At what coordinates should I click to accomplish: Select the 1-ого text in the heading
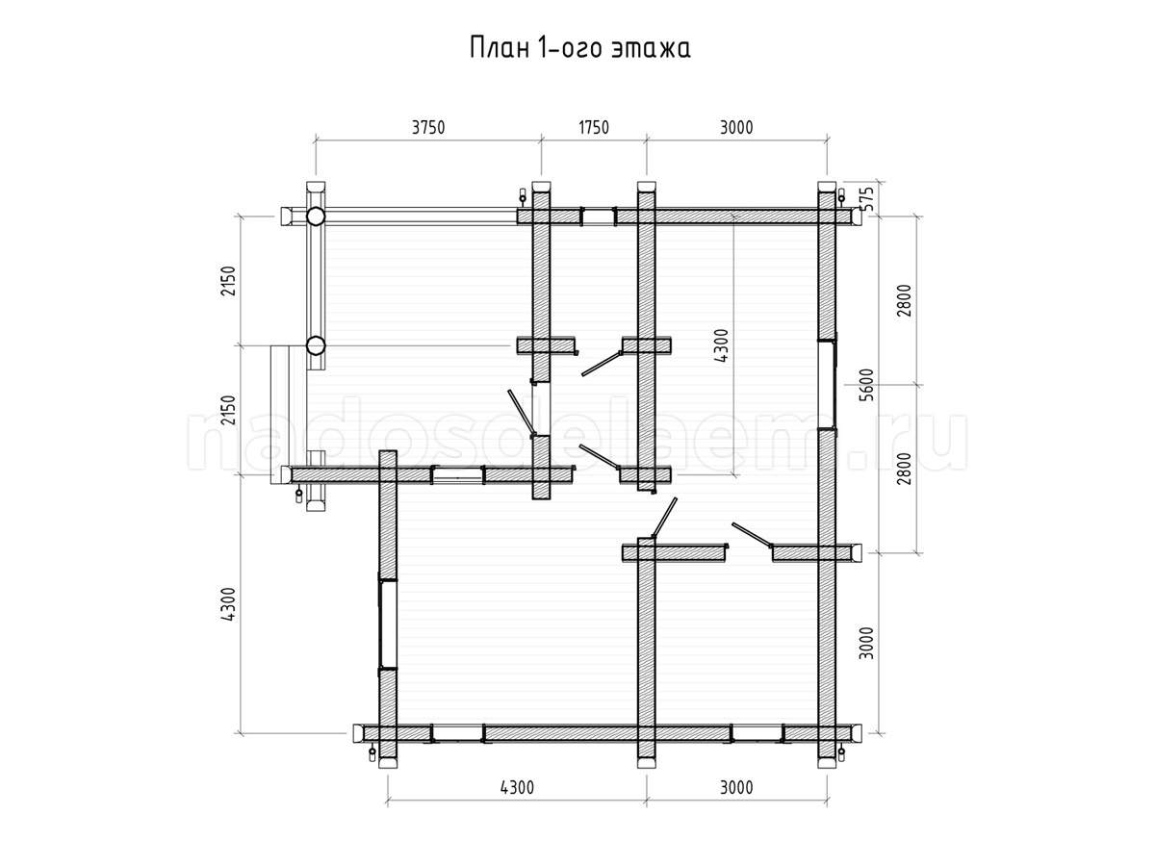570,48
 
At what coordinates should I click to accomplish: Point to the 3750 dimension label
427,128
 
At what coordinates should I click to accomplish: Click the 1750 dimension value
594,128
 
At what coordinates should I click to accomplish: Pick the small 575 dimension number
868,198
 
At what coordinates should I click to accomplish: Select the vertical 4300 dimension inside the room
722,345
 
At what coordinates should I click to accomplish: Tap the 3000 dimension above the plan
736,128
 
